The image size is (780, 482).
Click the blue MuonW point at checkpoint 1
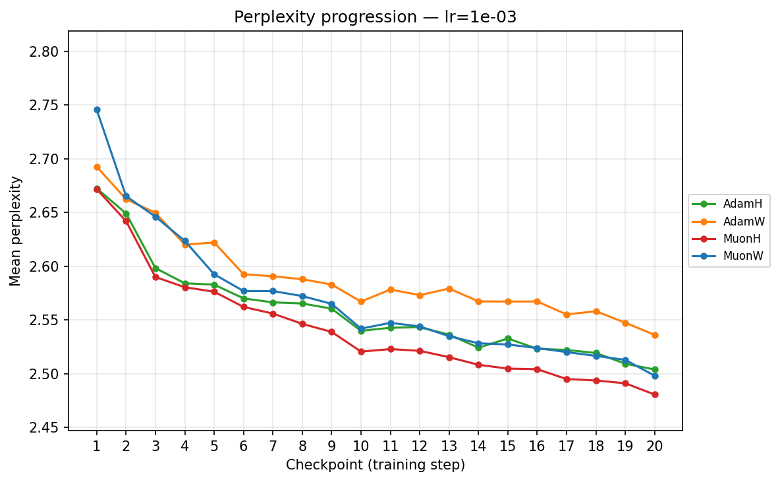pos(97,109)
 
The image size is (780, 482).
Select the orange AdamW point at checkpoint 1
pos(97,167)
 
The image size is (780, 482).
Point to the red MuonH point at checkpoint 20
pos(655,394)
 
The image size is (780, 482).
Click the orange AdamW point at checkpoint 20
pos(655,335)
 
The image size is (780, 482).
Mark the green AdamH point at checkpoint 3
pos(155,268)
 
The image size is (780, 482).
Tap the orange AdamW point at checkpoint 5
pos(214,243)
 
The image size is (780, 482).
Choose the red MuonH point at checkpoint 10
pos(361,351)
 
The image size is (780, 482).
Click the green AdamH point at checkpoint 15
pos(508,338)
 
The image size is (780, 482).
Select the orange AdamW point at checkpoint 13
pos(449,289)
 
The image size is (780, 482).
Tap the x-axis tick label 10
pos(361,446)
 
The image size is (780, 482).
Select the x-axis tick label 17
pos(567,446)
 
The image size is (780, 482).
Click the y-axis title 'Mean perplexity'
pos(15,231)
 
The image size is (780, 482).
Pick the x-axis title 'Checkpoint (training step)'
pos(375,466)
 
